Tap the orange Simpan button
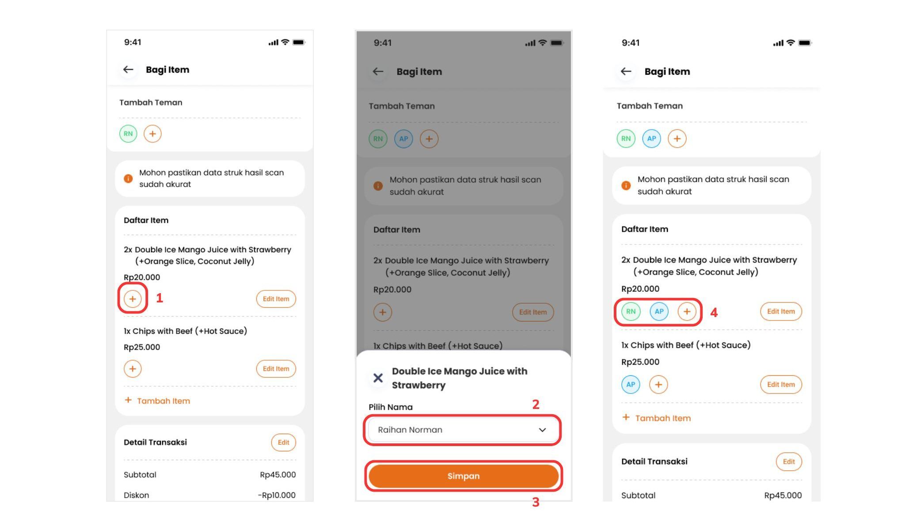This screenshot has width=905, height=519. pyautogui.click(x=464, y=476)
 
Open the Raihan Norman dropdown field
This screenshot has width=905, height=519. pyautogui.click(x=462, y=430)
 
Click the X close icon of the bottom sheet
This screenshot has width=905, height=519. pyautogui.click(x=378, y=378)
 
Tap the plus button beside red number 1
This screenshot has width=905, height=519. pyautogui.click(x=133, y=299)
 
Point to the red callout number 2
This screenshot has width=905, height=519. pyautogui.click(x=536, y=405)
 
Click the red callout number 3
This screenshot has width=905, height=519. pyautogui.click(x=536, y=502)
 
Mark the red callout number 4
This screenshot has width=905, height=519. pyautogui.click(x=714, y=313)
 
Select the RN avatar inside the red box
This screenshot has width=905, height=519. pyautogui.click(x=631, y=312)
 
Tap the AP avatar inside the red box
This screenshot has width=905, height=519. pyautogui.click(x=659, y=312)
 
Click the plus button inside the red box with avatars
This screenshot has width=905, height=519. pyautogui.click(x=687, y=312)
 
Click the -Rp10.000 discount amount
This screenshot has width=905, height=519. pyautogui.click(x=277, y=495)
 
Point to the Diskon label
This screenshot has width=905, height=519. pyautogui.click(x=136, y=495)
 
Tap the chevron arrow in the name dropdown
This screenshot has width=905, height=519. pyautogui.click(x=542, y=430)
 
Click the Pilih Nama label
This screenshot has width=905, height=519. pyautogui.click(x=391, y=407)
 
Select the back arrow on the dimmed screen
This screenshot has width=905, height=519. pyautogui.click(x=378, y=72)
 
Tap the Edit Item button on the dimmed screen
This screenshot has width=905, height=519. pyautogui.click(x=533, y=312)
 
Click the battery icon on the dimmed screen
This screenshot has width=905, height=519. pyautogui.click(x=557, y=43)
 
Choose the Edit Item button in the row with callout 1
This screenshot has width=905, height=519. pyautogui.click(x=276, y=299)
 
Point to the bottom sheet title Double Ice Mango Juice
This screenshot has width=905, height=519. pyautogui.click(x=460, y=378)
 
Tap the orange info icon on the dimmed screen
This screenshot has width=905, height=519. pyautogui.click(x=378, y=186)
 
